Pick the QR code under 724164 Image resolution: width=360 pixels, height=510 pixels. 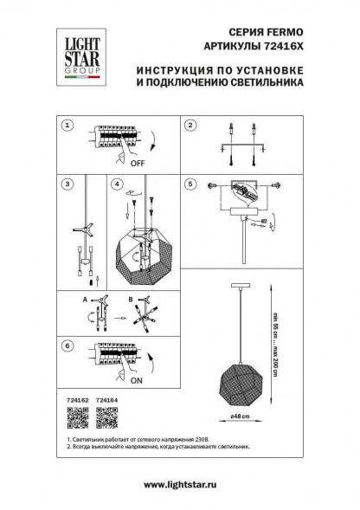tap(106, 418)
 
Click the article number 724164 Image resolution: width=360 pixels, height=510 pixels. tap(106, 400)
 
